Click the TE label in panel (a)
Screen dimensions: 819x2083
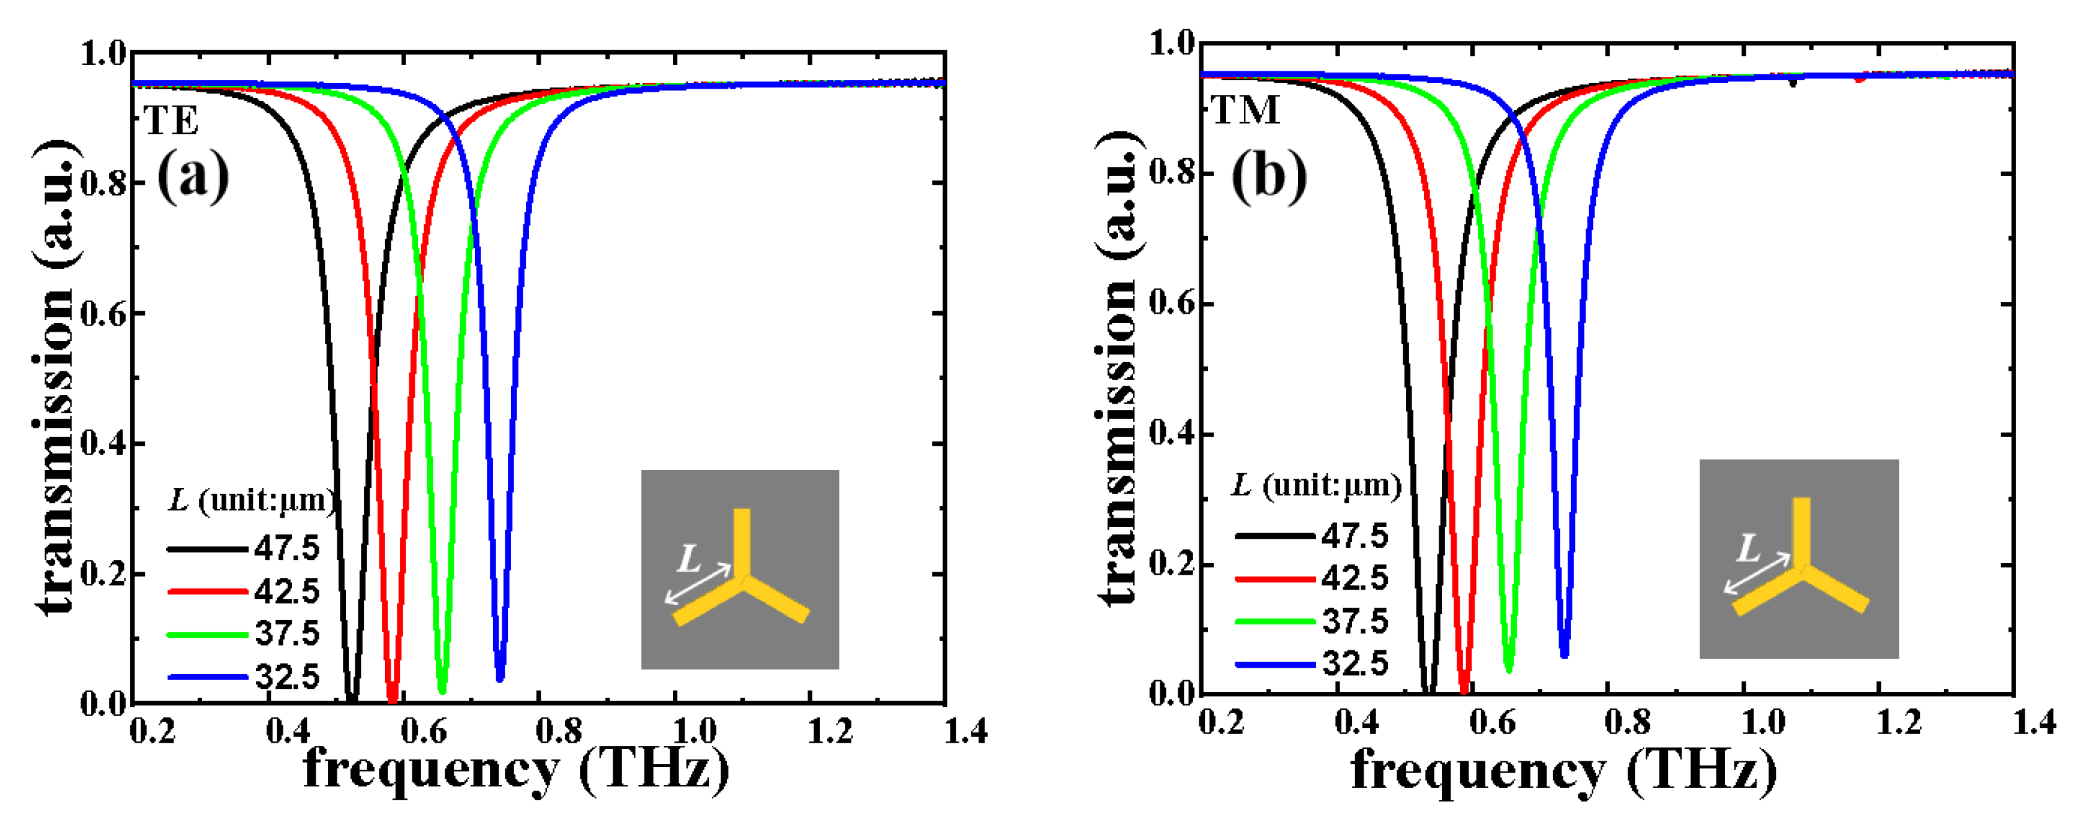[x=171, y=122]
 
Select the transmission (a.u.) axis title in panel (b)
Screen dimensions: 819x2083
[x=1120, y=368]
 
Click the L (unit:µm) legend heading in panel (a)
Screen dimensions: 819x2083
[x=251, y=500]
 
